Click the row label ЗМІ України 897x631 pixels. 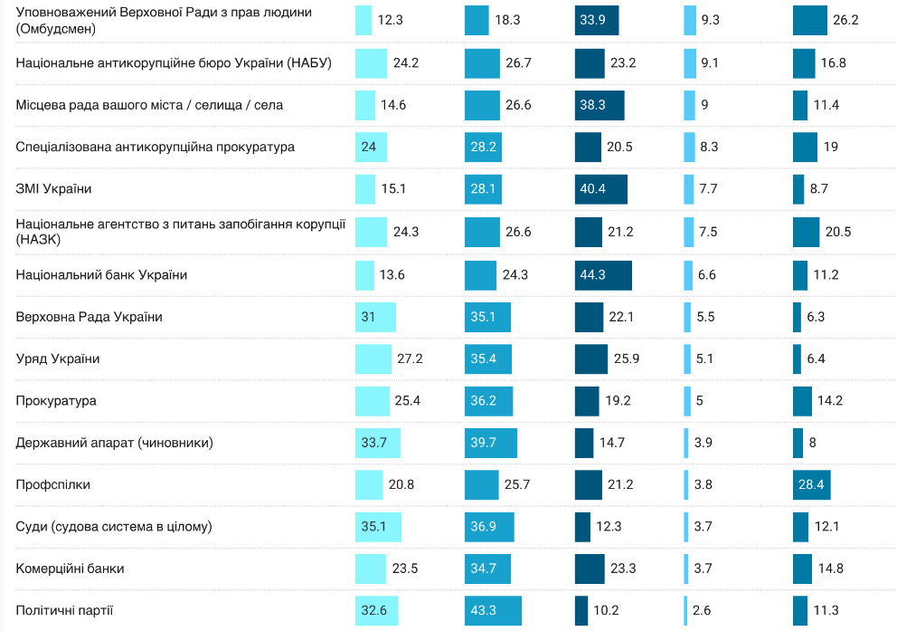click(54, 189)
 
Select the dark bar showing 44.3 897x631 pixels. click(603, 274)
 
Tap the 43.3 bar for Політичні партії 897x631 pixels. click(493, 610)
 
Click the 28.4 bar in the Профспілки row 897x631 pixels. click(811, 484)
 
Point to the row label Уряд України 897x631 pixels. click(58, 359)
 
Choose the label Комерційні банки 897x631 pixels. click(71, 569)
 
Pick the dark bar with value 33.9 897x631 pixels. click(597, 20)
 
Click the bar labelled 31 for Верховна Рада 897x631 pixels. click(375, 317)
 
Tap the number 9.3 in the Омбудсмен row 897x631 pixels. click(710, 20)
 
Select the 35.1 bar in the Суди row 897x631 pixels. click(378, 526)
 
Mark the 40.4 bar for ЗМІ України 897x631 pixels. click(600, 189)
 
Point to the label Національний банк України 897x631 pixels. click(102, 274)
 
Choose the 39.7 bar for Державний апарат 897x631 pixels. click(490, 443)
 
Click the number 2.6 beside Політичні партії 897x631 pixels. click(702, 610)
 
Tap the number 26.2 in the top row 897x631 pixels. click(845, 20)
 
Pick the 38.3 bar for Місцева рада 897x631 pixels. click(599, 105)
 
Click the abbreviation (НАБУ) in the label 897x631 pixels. click(309, 62)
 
